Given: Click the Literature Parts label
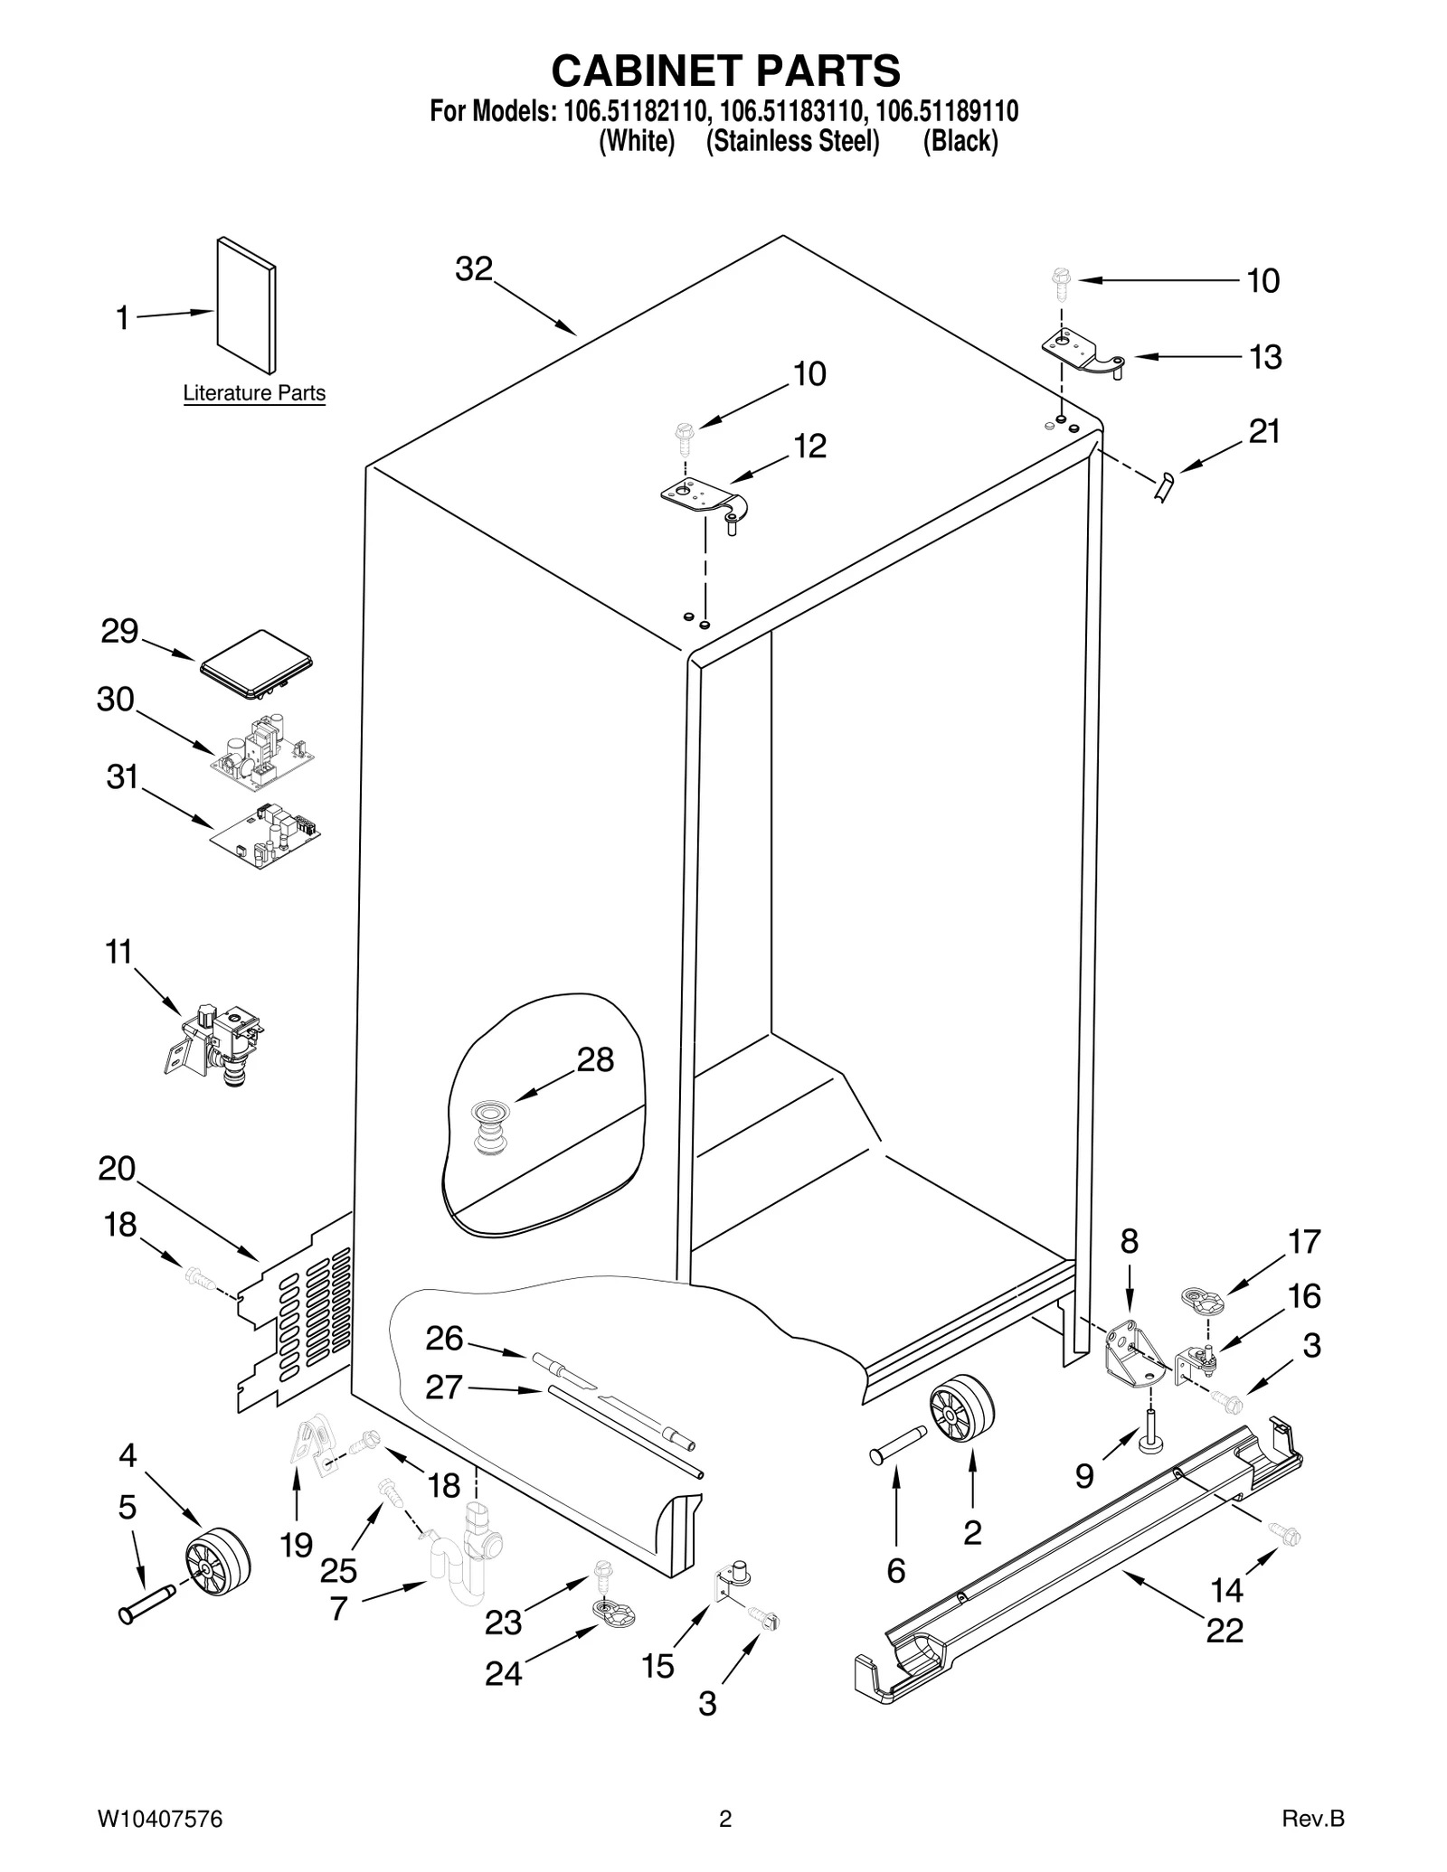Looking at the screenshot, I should coord(254,393).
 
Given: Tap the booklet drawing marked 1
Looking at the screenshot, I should coord(246,306).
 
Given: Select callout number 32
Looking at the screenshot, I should coord(474,268).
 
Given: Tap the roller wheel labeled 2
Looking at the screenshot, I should coord(961,1409).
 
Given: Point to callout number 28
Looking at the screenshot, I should coord(595,1059).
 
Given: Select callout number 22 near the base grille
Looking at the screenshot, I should coord(1225,1631).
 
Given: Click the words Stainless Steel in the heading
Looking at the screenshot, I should coord(792,141).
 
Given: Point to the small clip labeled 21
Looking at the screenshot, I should coord(1164,486).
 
